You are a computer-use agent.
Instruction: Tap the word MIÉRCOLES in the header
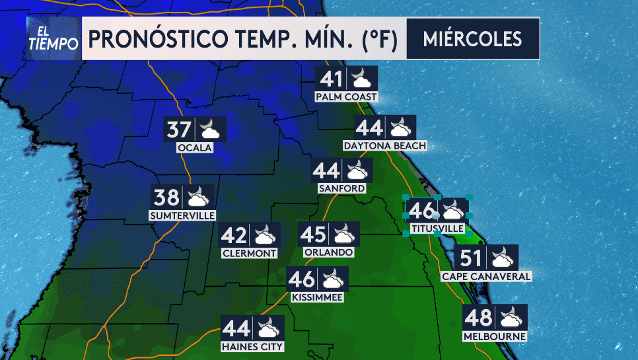(x=472, y=38)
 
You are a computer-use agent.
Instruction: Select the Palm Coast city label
(x=346, y=97)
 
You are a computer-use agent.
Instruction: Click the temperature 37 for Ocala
(x=179, y=129)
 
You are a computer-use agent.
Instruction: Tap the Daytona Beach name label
(x=385, y=145)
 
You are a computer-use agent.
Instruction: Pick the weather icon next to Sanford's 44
(x=357, y=171)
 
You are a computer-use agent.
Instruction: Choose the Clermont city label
(x=249, y=253)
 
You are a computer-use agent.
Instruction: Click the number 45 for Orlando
(x=314, y=234)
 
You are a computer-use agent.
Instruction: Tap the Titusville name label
(x=437, y=228)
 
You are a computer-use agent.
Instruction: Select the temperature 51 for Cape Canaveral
(x=472, y=258)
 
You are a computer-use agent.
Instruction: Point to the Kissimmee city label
(x=317, y=297)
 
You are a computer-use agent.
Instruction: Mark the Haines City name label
(x=253, y=347)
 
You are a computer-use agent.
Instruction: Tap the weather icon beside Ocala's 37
(x=211, y=129)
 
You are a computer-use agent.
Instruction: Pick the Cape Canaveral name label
(x=486, y=276)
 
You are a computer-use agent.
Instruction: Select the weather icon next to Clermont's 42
(x=265, y=235)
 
